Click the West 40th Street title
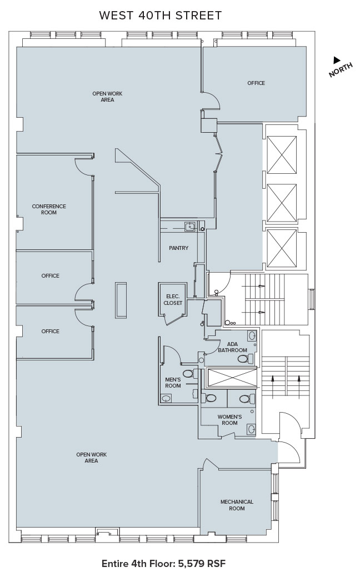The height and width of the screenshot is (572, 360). (x=161, y=16)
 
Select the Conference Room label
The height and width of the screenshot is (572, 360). (x=49, y=209)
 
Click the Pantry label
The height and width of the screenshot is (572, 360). (x=178, y=248)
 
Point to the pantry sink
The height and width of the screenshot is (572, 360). (x=190, y=227)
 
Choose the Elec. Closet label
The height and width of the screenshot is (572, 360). (x=173, y=299)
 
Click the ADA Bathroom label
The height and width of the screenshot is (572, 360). (x=233, y=347)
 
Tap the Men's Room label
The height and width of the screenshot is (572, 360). (x=173, y=383)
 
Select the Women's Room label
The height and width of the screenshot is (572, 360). (x=229, y=420)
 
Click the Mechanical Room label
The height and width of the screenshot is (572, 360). (x=237, y=505)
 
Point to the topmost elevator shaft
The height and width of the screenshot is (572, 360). (x=282, y=155)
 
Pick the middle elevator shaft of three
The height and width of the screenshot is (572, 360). (x=282, y=203)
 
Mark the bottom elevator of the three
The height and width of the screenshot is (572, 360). (x=282, y=249)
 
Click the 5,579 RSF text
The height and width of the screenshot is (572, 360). (x=202, y=563)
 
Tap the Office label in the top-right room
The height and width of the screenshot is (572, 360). (x=256, y=83)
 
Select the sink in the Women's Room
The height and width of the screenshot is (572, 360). (x=251, y=429)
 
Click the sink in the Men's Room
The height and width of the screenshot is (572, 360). (x=166, y=398)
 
